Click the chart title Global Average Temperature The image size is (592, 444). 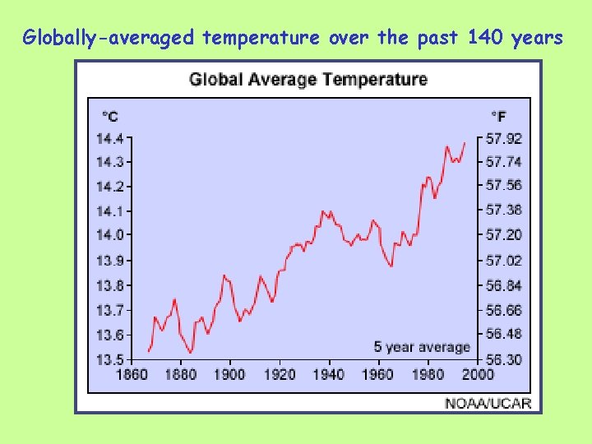coord(308,80)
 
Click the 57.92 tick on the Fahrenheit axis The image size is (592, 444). coord(503,138)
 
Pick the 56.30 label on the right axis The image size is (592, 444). coord(503,360)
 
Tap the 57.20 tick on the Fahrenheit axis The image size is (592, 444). coord(503,235)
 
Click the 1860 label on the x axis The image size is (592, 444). coord(132,375)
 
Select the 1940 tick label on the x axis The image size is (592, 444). coord(329,375)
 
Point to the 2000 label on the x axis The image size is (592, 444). coord(478,375)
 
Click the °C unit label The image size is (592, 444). coord(109,116)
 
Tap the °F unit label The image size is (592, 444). coord(499,116)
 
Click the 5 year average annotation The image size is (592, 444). coord(422,347)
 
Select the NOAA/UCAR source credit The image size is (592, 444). coord(488,403)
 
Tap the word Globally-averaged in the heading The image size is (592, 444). coord(109,38)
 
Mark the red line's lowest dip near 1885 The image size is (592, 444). coord(191,353)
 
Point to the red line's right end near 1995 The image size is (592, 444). coord(465,143)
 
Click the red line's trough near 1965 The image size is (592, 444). coord(391,266)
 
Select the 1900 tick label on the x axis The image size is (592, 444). coord(229,375)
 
